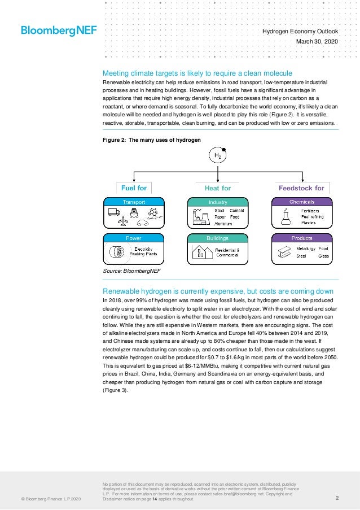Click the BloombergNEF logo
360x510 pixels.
click(59, 30)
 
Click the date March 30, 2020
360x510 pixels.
click(317, 42)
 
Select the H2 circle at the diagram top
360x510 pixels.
click(217, 155)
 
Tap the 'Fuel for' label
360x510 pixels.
click(134, 188)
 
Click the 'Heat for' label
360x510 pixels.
click(218, 188)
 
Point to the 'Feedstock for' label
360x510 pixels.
click(301, 188)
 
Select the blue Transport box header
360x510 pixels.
click(134, 202)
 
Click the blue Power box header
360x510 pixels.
click(134, 238)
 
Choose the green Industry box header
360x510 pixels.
click(218, 202)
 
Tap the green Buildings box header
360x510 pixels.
click(218, 238)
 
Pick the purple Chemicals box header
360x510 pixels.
click(302, 202)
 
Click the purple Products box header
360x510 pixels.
click(302, 238)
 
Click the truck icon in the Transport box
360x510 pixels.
click(113, 212)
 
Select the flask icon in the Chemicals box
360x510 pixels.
click(285, 216)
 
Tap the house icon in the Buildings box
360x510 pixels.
click(199, 252)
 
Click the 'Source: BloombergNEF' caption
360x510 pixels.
click(131, 271)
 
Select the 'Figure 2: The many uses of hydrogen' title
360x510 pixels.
click(151, 140)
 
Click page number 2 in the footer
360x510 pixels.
click(337, 498)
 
